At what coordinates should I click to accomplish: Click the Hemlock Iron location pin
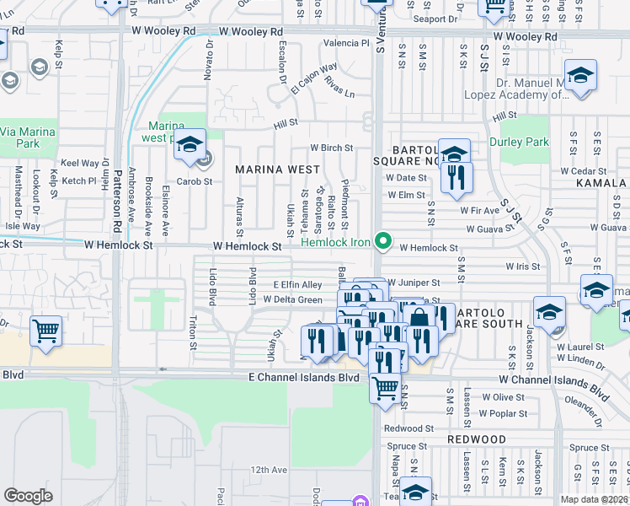coord(384,241)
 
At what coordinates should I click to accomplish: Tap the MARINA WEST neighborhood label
coord(277,170)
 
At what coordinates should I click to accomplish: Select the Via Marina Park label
coord(28,137)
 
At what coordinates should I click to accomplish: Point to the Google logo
coord(28,496)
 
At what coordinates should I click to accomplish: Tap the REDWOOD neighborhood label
coord(476,439)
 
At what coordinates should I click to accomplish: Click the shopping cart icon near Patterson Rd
coord(45,330)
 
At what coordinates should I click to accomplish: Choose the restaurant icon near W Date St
coord(456,178)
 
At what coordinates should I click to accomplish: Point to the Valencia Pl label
coord(346,42)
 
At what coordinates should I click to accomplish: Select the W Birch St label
coord(331,148)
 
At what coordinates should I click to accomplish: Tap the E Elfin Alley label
coord(297,285)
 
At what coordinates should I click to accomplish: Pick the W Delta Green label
coord(292,299)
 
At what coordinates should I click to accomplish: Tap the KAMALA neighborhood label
coord(601,183)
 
